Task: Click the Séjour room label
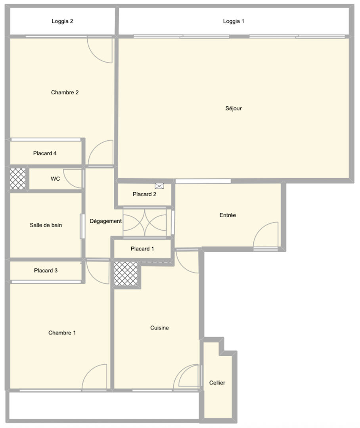233,108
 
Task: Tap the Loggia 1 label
234,21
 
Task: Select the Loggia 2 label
63,21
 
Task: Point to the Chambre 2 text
65,92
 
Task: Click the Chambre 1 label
62,333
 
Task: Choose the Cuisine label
159,328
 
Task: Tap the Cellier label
217,383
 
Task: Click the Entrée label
228,215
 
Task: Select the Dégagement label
106,221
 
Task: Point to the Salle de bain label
46,225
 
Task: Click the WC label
55,179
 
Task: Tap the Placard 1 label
142,248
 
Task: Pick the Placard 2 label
144,194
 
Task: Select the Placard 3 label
46,271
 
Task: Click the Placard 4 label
45,153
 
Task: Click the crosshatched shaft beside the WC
18,179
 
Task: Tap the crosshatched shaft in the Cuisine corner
126,274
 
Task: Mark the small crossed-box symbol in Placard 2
159,186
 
